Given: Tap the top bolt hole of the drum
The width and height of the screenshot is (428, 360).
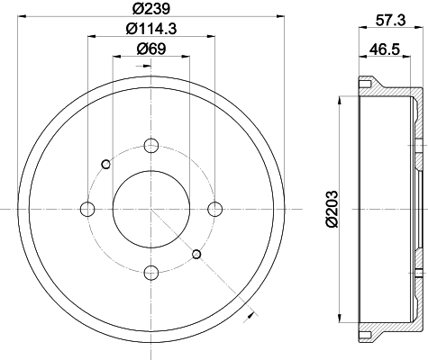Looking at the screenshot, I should [151, 145].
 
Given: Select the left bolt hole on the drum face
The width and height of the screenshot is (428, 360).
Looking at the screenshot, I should [87, 209].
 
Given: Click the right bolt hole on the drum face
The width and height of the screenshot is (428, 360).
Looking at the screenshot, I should [214, 209].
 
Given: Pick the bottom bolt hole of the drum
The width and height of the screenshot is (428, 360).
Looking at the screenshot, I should [151, 271].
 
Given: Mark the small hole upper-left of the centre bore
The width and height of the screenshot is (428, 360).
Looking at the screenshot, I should [106, 164].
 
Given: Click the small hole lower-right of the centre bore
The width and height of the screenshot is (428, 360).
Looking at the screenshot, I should [196, 253].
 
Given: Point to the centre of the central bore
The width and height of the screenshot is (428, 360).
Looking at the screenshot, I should [151, 209].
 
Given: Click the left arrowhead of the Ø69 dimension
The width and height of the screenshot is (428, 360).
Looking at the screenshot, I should [115, 58].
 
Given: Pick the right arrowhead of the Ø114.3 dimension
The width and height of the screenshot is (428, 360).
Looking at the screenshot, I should [212, 38].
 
